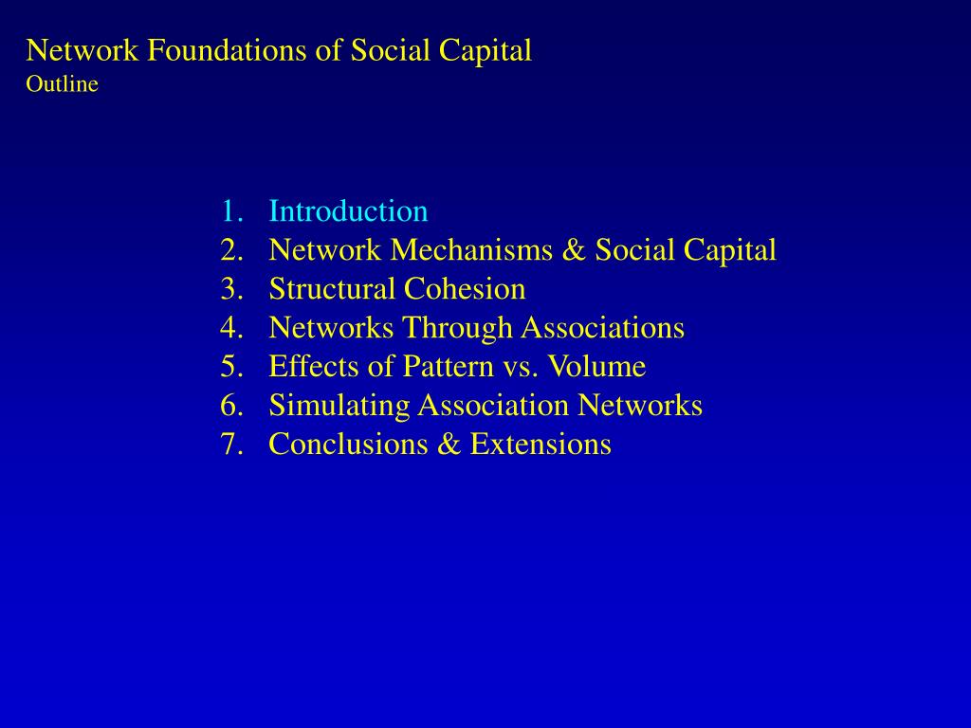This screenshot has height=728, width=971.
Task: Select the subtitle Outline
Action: pyautogui.click(x=62, y=84)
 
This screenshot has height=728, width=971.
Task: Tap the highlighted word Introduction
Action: pyautogui.click(x=348, y=211)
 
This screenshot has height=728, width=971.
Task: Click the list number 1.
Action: pyautogui.click(x=229, y=211)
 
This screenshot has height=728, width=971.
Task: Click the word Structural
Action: pyautogui.click(x=332, y=289)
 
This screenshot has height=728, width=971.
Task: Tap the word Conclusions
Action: pyautogui.click(x=348, y=445)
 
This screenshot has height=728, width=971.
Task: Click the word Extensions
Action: pyautogui.click(x=540, y=445)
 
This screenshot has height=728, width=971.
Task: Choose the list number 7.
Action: pyautogui.click(x=229, y=445)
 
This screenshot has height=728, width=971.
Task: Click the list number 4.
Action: pyautogui.click(x=229, y=328)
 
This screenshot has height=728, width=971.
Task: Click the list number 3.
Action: pyautogui.click(x=229, y=289)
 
